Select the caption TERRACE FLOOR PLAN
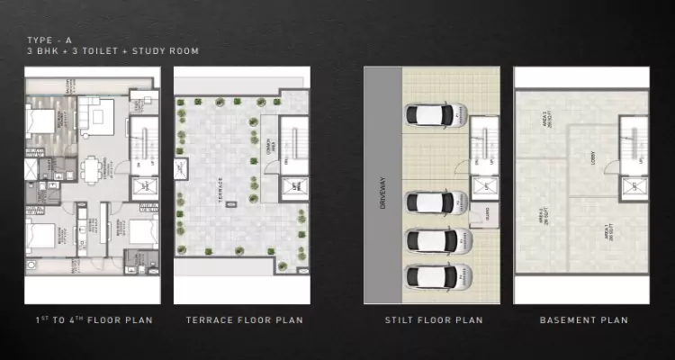click(x=244, y=319)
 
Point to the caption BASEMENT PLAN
click(x=583, y=319)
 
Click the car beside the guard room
click(x=436, y=204)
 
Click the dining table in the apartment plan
click(x=94, y=168)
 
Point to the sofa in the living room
click(x=93, y=113)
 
